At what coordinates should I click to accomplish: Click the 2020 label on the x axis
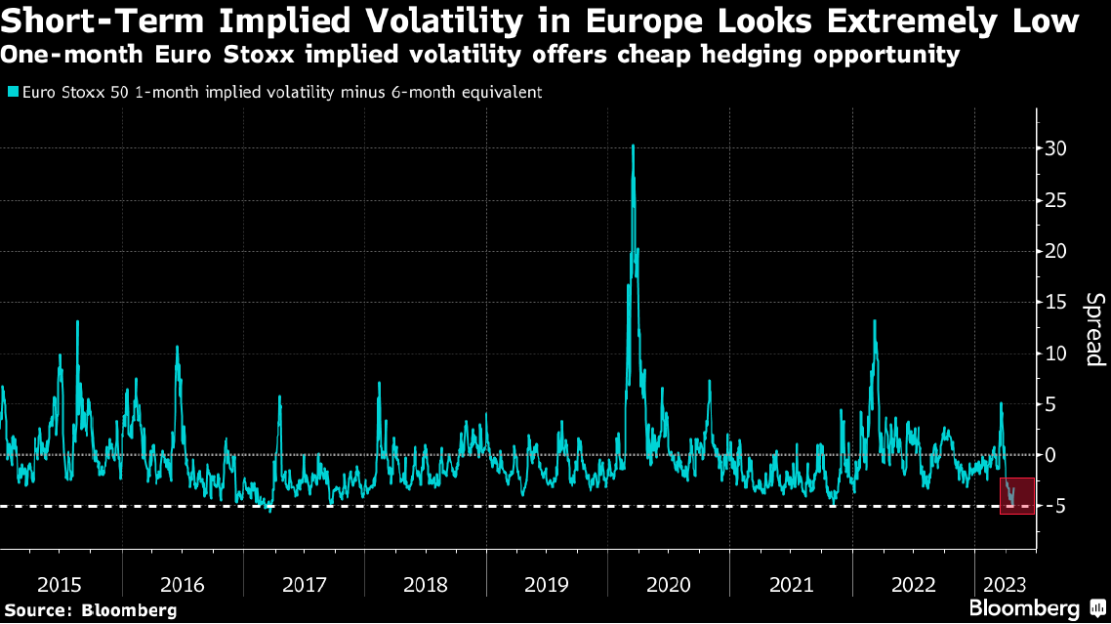[x=669, y=585]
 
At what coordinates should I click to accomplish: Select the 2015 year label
[x=60, y=585]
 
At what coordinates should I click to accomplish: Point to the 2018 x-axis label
[x=426, y=585]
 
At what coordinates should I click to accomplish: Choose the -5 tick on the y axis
[x=1052, y=506]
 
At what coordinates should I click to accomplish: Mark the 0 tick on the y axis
[x=1050, y=455]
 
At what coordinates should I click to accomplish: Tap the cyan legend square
[x=12, y=93]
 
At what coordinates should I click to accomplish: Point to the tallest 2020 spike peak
[x=634, y=146]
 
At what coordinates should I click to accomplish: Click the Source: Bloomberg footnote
[x=89, y=610]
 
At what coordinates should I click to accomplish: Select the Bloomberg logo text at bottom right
[x=1025, y=609]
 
